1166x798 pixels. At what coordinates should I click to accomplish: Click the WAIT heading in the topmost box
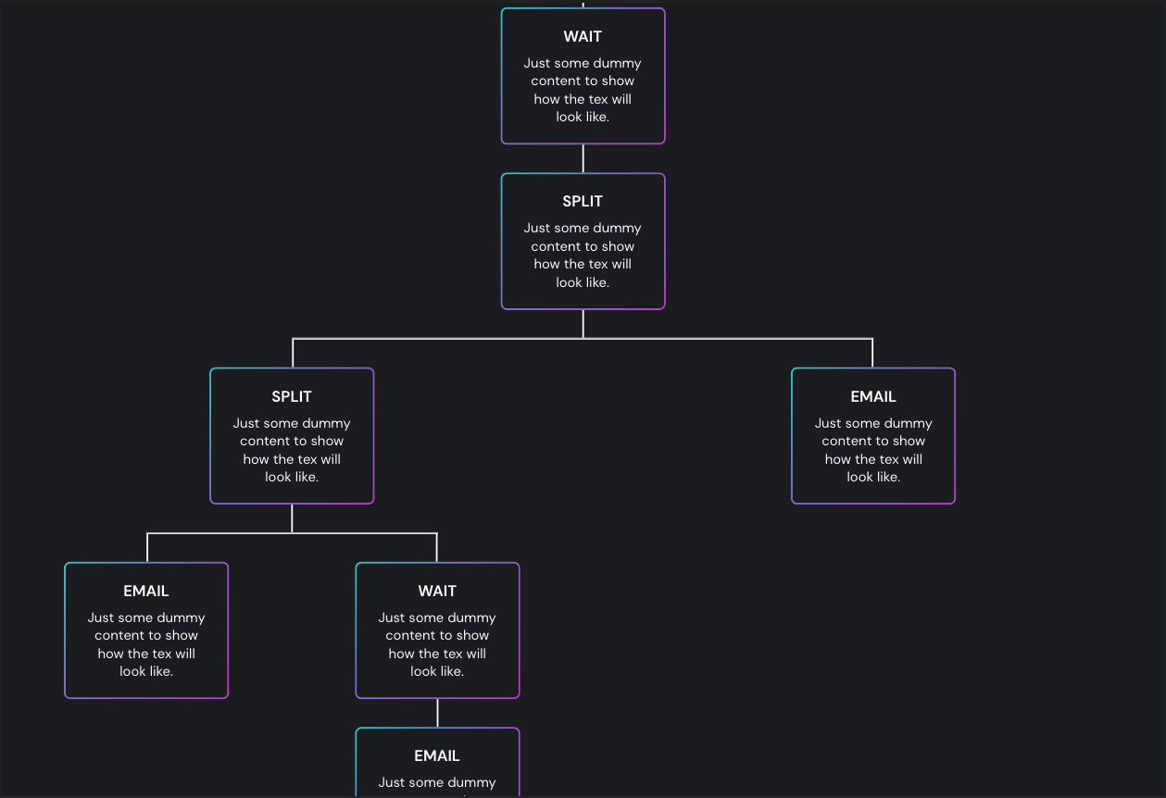coord(583,37)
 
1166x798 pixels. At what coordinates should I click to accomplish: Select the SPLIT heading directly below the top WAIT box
coord(583,202)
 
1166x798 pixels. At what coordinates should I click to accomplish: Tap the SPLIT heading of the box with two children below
coord(292,397)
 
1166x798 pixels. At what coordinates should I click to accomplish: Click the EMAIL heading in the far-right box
coord(873,397)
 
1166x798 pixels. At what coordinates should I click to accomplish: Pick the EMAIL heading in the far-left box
coord(146,592)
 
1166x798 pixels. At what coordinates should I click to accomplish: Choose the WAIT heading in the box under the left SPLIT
coord(437,592)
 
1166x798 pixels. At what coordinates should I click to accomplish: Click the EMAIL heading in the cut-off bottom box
coord(437,756)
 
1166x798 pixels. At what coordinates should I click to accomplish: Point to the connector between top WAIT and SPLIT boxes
coord(583,158)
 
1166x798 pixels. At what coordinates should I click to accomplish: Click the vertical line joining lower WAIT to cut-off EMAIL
coord(437,713)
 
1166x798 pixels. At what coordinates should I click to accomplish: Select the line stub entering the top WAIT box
coord(583,4)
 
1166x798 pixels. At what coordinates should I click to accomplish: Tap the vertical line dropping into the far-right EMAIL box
coord(872,354)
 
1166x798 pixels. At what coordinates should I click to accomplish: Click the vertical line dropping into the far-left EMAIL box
coord(147,548)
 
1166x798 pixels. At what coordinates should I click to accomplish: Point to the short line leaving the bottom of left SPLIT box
coord(292,518)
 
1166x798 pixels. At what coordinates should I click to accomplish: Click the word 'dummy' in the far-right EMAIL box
coord(909,424)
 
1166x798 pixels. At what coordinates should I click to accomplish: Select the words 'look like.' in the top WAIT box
coord(583,118)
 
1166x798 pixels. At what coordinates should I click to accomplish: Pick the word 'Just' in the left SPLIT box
coord(246,424)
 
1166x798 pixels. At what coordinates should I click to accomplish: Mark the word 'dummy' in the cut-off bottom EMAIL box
coord(473,783)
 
